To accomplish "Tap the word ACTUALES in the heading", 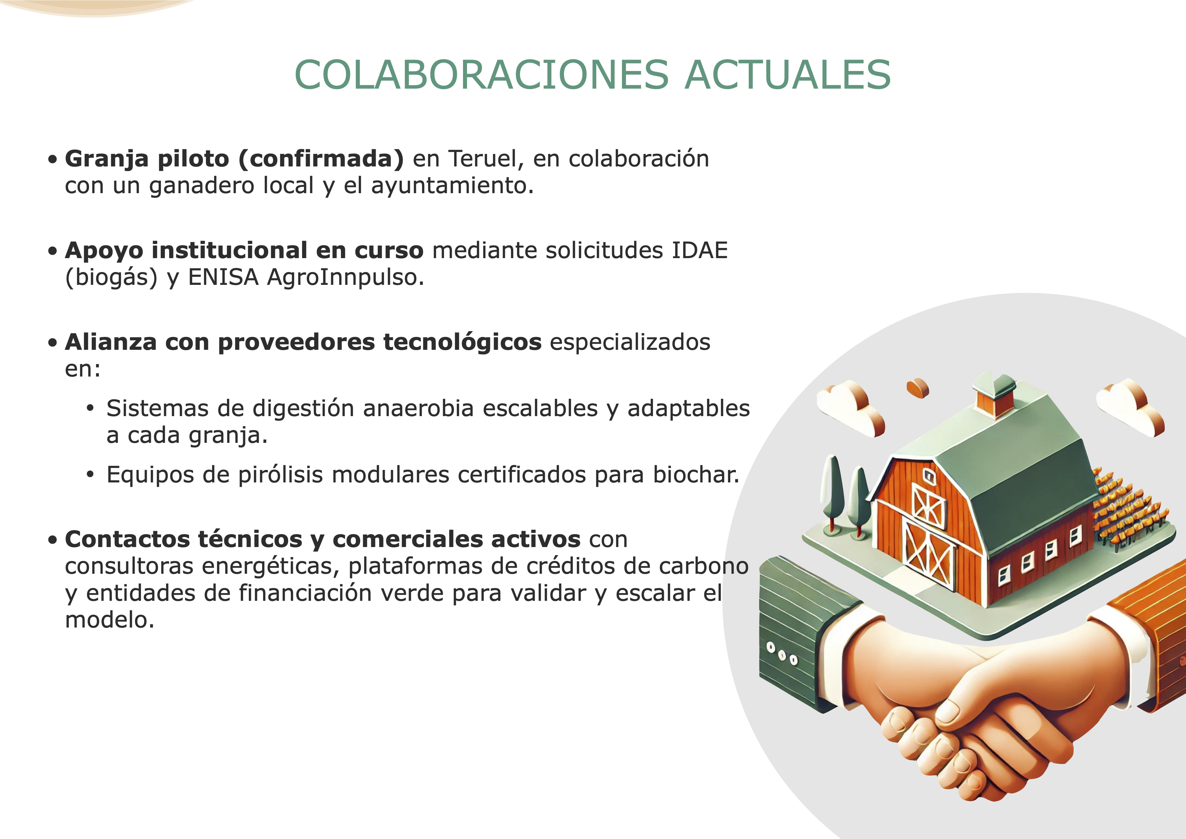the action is point(788,74).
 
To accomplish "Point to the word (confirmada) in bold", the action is point(321,159).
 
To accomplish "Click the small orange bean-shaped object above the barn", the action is point(918,387).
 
